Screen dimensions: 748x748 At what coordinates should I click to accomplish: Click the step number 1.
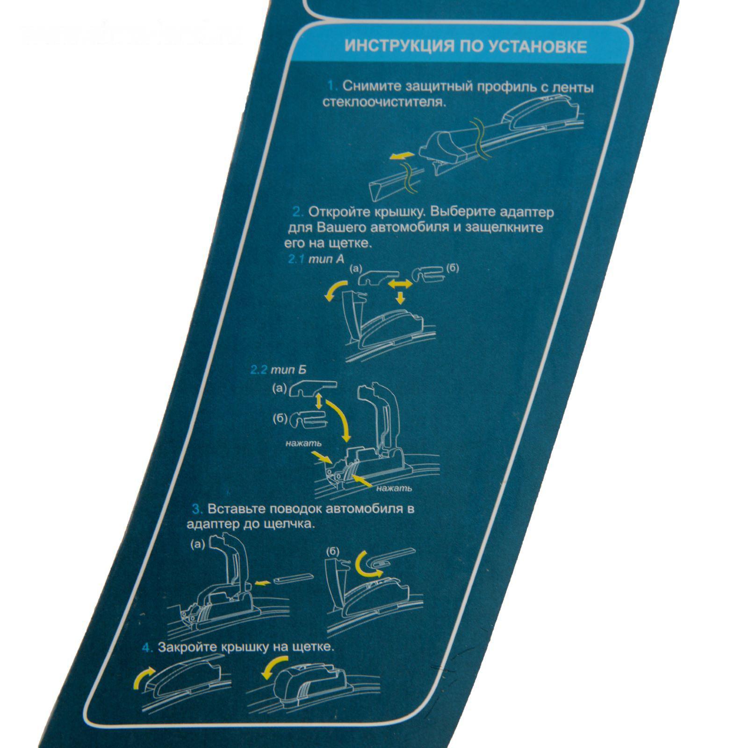(332, 86)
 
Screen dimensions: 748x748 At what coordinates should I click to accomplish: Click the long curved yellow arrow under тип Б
(339, 419)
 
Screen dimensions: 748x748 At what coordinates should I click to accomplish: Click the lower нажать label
(394, 489)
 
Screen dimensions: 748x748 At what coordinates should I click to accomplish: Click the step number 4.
(148, 648)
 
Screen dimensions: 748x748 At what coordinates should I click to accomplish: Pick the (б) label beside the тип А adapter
(453, 268)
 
